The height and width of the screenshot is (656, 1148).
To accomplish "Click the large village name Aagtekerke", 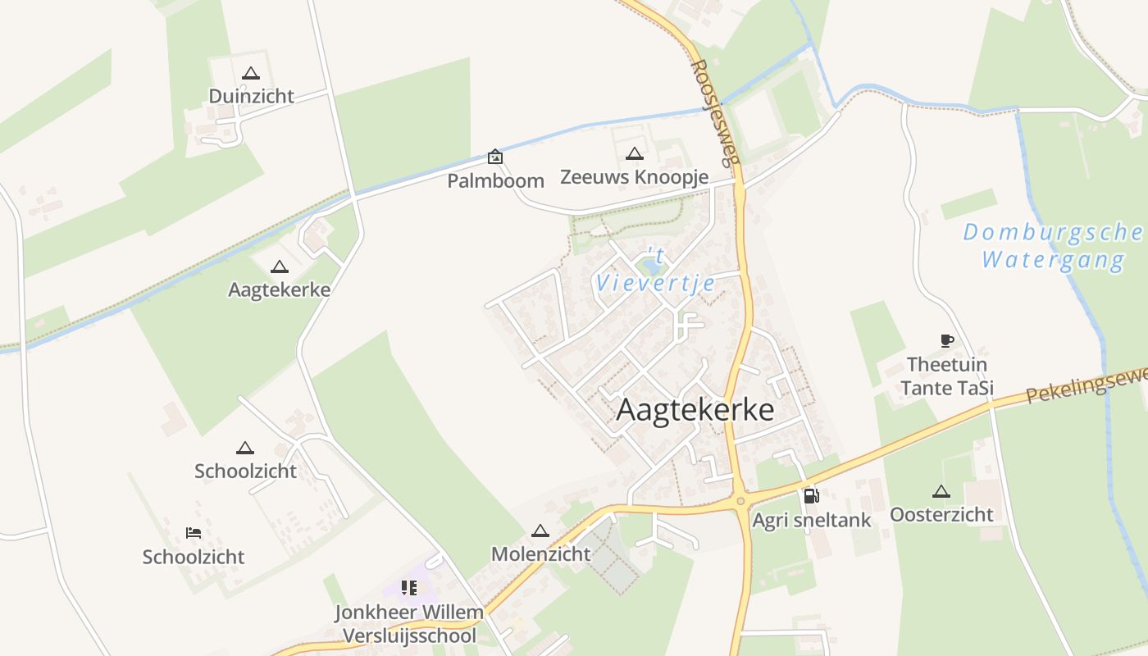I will point(695,410).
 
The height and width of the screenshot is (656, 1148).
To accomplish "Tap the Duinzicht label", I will point(251,96).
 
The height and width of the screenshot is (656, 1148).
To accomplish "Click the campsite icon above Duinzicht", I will point(251,73).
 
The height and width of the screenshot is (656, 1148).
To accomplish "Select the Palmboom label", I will point(495,180).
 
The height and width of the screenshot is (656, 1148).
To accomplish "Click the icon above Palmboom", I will point(495,156).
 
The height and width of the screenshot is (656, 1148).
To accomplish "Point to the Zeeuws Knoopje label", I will point(634,176).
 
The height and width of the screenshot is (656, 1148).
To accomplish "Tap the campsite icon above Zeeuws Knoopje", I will point(634,153).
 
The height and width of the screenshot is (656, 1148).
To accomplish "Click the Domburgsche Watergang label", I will point(1053,246).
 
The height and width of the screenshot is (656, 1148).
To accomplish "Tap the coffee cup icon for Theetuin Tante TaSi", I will point(947,340).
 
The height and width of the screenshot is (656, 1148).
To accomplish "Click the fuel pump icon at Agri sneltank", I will point(811,495).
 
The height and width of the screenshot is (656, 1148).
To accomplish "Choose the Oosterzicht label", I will point(941,514).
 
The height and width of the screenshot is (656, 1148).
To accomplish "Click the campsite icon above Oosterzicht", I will point(941,492).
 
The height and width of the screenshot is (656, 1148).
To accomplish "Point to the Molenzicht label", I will point(540,553).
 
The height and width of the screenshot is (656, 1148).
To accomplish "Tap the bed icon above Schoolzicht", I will point(194,533).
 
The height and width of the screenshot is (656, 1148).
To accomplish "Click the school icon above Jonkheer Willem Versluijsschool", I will point(408,587).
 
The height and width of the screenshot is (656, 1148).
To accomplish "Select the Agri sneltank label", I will point(812,520).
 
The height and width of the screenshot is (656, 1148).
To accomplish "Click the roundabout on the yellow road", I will point(740,500).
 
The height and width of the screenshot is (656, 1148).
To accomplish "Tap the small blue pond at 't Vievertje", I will point(652,266).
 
